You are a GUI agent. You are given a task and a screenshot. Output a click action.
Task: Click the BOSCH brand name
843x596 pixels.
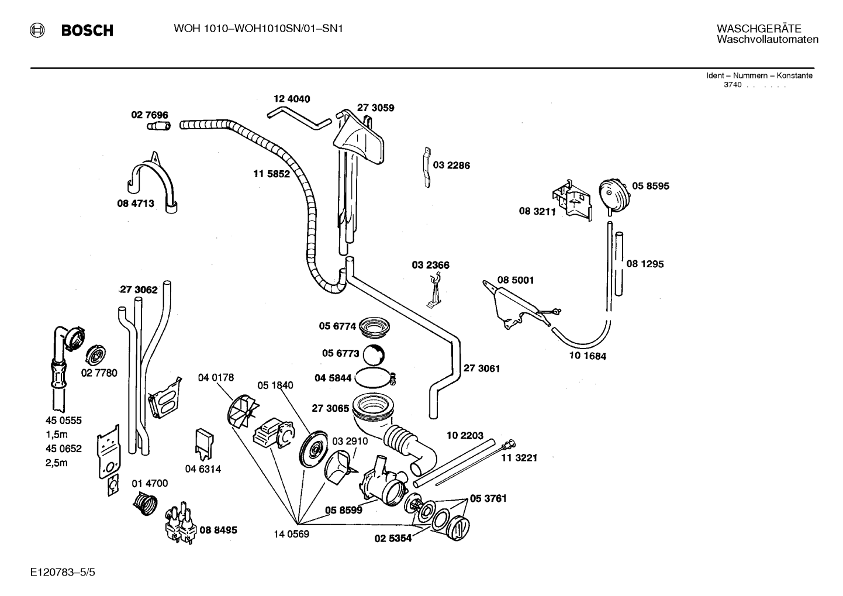[x=87, y=30]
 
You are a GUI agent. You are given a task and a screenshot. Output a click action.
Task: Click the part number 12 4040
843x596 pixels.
[x=292, y=99]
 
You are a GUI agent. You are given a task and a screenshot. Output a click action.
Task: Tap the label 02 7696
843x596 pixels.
[x=150, y=115]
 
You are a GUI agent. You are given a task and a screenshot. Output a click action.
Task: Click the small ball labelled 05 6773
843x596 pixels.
[x=373, y=354]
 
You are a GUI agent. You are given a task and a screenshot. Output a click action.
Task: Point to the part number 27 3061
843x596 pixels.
[x=481, y=368]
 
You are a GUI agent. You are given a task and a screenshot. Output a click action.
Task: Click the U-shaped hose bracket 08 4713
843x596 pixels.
[x=153, y=182]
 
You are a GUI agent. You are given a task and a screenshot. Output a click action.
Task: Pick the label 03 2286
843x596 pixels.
[x=451, y=166]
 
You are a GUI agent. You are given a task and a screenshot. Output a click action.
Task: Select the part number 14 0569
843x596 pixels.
[x=291, y=534]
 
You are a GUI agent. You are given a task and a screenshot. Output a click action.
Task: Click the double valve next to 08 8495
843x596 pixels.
[x=181, y=523]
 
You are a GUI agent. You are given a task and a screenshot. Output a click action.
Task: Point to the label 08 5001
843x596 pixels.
[x=516, y=280]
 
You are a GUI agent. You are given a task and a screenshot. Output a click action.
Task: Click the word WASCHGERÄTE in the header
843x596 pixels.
[x=759, y=29]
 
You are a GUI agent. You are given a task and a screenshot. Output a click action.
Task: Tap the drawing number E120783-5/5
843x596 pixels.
[x=63, y=572]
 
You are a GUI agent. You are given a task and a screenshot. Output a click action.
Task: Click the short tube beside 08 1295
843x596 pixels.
[x=619, y=264]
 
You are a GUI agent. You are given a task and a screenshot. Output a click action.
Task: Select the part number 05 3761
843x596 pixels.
[x=488, y=498]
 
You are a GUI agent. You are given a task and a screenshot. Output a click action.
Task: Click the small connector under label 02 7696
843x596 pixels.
[x=158, y=126]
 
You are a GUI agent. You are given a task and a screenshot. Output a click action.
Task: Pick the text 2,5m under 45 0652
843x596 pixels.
[x=57, y=463]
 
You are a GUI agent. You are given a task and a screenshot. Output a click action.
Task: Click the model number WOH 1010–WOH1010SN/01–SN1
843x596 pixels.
[x=258, y=29]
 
